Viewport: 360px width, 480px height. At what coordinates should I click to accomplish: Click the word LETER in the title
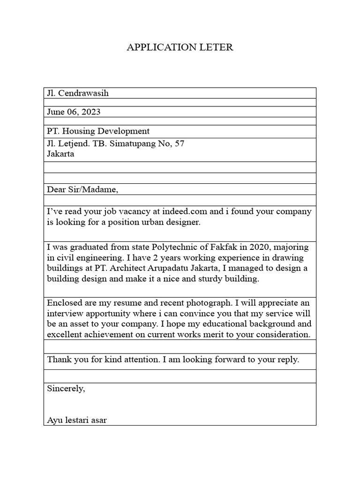point(215,47)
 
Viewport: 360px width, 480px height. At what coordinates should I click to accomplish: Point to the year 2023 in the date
point(90,112)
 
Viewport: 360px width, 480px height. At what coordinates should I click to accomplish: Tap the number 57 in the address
point(179,143)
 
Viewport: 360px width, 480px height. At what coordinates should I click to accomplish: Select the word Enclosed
point(64,303)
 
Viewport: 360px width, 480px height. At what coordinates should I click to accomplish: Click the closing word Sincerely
point(66,389)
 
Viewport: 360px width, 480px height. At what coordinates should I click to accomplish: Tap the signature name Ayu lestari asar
point(77,420)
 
